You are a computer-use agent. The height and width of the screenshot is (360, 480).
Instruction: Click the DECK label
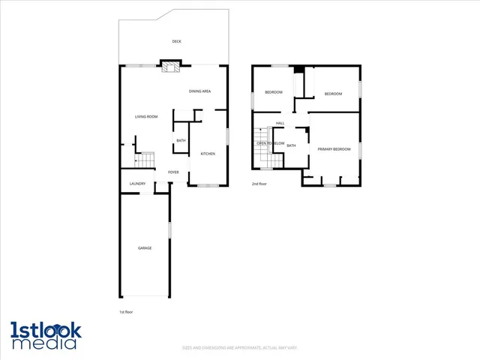click(x=176, y=41)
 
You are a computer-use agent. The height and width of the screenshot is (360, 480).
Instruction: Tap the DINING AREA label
click(x=199, y=91)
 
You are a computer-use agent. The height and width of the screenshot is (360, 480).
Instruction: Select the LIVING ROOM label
click(x=146, y=116)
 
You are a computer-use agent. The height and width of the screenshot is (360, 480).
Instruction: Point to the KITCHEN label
click(x=208, y=154)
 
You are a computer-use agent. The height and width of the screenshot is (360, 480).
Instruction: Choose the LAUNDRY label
click(x=137, y=184)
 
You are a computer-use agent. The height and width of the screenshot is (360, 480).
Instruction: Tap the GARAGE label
click(x=145, y=248)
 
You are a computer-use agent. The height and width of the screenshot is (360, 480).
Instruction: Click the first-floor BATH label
click(x=181, y=141)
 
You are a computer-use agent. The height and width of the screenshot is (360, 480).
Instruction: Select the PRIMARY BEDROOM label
click(x=334, y=149)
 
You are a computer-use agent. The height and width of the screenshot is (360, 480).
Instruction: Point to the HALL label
click(x=280, y=123)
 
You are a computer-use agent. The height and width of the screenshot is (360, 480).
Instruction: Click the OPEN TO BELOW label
click(x=271, y=143)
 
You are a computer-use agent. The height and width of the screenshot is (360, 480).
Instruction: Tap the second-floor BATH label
click(x=291, y=145)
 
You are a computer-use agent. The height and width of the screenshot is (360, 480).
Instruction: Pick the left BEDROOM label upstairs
click(x=274, y=92)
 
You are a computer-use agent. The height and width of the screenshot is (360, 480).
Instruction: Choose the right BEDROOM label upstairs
click(x=333, y=94)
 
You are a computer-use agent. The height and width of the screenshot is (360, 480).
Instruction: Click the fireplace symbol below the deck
click(x=170, y=68)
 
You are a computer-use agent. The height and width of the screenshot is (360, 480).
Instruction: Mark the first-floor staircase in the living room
click(x=144, y=160)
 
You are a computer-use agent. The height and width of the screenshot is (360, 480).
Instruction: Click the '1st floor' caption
click(x=126, y=312)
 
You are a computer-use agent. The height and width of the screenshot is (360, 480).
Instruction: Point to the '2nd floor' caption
click(x=259, y=184)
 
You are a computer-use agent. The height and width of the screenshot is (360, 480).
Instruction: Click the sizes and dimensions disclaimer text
click(x=239, y=347)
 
